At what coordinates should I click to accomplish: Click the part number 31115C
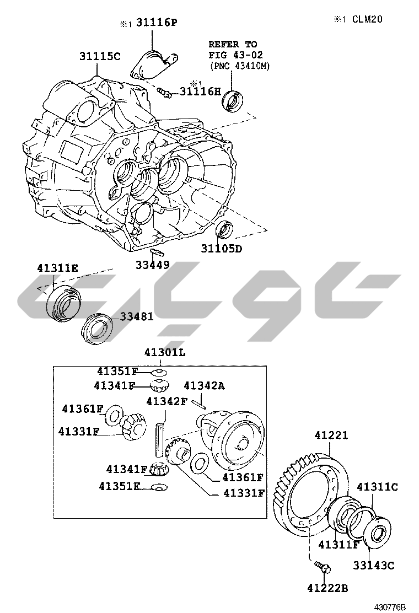pyautogui.click(x=99, y=56)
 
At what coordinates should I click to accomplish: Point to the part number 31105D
pyautogui.click(x=221, y=248)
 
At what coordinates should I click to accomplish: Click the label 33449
pyautogui.click(x=153, y=265)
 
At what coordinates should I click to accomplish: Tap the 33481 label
pyautogui.click(x=137, y=317)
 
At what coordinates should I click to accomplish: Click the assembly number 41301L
pyautogui.click(x=165, y=352)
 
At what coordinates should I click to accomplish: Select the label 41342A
pyautogui.click(x=204, y=385)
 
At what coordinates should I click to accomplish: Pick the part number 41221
pyautogui.click(x=331, y=435)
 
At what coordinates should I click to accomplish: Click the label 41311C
pyautogui.click(x=377, y=487)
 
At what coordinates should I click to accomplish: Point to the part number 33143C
pyautogui.click(x=374, y=565)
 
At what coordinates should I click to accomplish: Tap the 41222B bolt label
pyautogui.click(x=327, y=588)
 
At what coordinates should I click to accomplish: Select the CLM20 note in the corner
pyautogui.click(x=366, y=19)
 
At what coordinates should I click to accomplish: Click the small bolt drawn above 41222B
pyautogui.click(x=323, y=566)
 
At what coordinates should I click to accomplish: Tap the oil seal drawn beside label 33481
pyautogui.click(x=98, y=329)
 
